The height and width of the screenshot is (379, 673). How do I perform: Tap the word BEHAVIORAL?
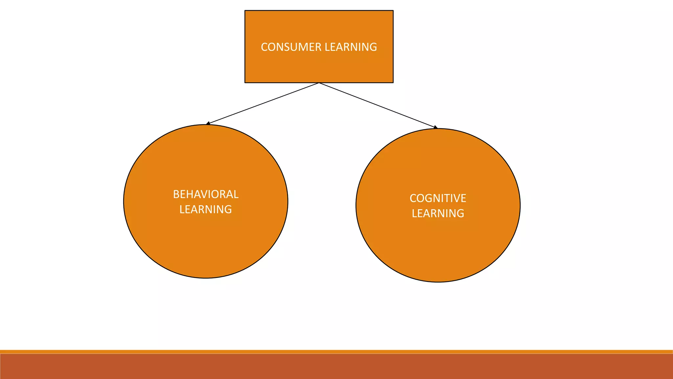coord(206,194)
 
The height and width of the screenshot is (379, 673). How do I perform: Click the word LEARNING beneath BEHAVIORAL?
coord(206,210)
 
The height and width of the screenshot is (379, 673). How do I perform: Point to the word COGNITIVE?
coord(438,198)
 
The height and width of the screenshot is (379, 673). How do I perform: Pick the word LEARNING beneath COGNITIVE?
coord(438,214)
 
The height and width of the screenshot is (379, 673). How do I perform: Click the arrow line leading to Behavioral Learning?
coord(263,104)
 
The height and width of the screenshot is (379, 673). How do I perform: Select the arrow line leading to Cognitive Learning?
coord(378,105)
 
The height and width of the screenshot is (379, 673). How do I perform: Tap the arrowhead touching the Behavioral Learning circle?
coord(208,123)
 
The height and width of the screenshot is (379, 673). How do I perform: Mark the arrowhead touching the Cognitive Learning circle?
coord(436,127)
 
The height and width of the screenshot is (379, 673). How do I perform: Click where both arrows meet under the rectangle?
coord(319,83)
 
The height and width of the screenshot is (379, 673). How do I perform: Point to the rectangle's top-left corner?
coord(245,11)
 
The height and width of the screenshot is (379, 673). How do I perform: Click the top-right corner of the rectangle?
coord(393,11)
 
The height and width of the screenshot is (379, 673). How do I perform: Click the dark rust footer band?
coord(336,366)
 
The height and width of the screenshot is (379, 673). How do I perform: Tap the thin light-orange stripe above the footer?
coord(336,352)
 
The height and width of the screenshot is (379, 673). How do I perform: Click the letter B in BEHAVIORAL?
coord(176,194)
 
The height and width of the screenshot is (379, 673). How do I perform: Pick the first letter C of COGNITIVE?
coord(413,198)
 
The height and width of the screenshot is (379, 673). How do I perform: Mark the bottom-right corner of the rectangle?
coord(393,83)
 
